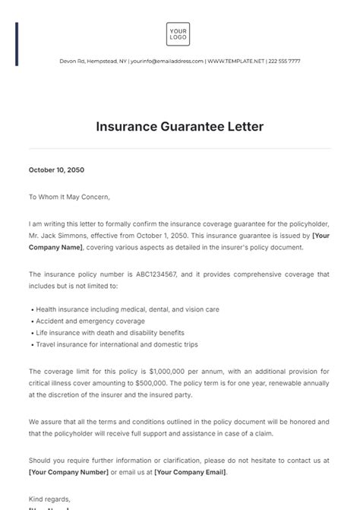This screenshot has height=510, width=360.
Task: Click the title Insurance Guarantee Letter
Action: pos(179,127)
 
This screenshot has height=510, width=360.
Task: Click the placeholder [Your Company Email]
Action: pos(190,472)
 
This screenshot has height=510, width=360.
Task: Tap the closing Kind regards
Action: pos(50,499)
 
